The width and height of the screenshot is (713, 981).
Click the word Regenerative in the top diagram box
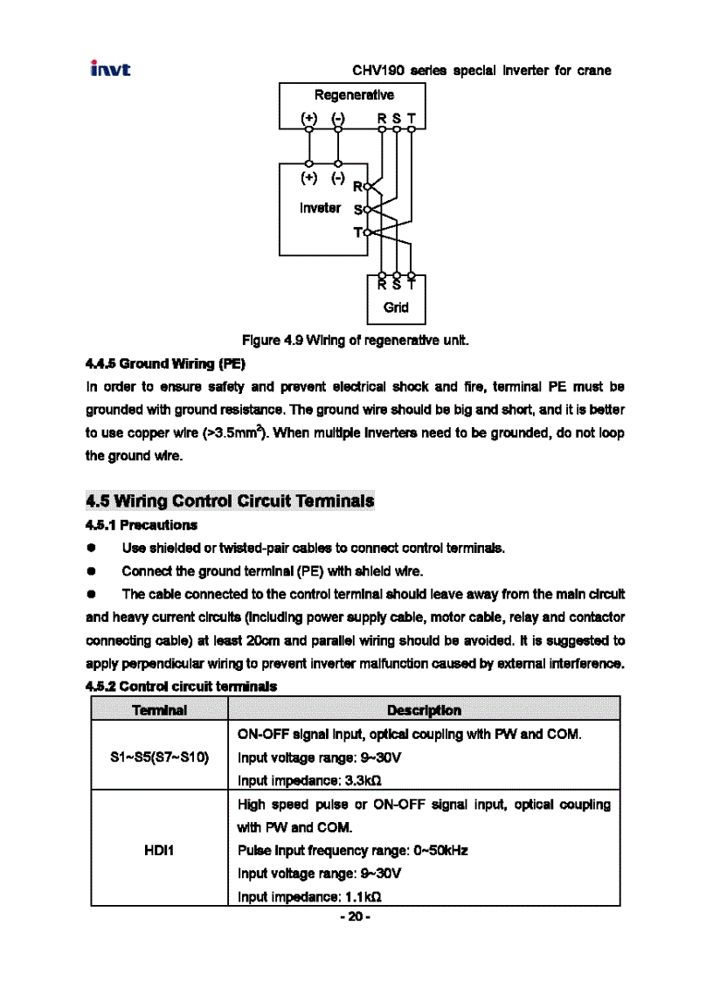point(354,95)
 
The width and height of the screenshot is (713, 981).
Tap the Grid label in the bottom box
point(396,307)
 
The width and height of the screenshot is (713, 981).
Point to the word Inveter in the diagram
point(320,208)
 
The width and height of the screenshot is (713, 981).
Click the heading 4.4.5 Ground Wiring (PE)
point(165,363)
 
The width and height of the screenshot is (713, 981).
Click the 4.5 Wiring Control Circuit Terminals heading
point(230,501)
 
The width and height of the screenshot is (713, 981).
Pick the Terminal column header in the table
point(160,709)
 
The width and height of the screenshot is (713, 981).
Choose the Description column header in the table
point(424,709)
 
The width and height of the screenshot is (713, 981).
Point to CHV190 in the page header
point(375,71)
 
